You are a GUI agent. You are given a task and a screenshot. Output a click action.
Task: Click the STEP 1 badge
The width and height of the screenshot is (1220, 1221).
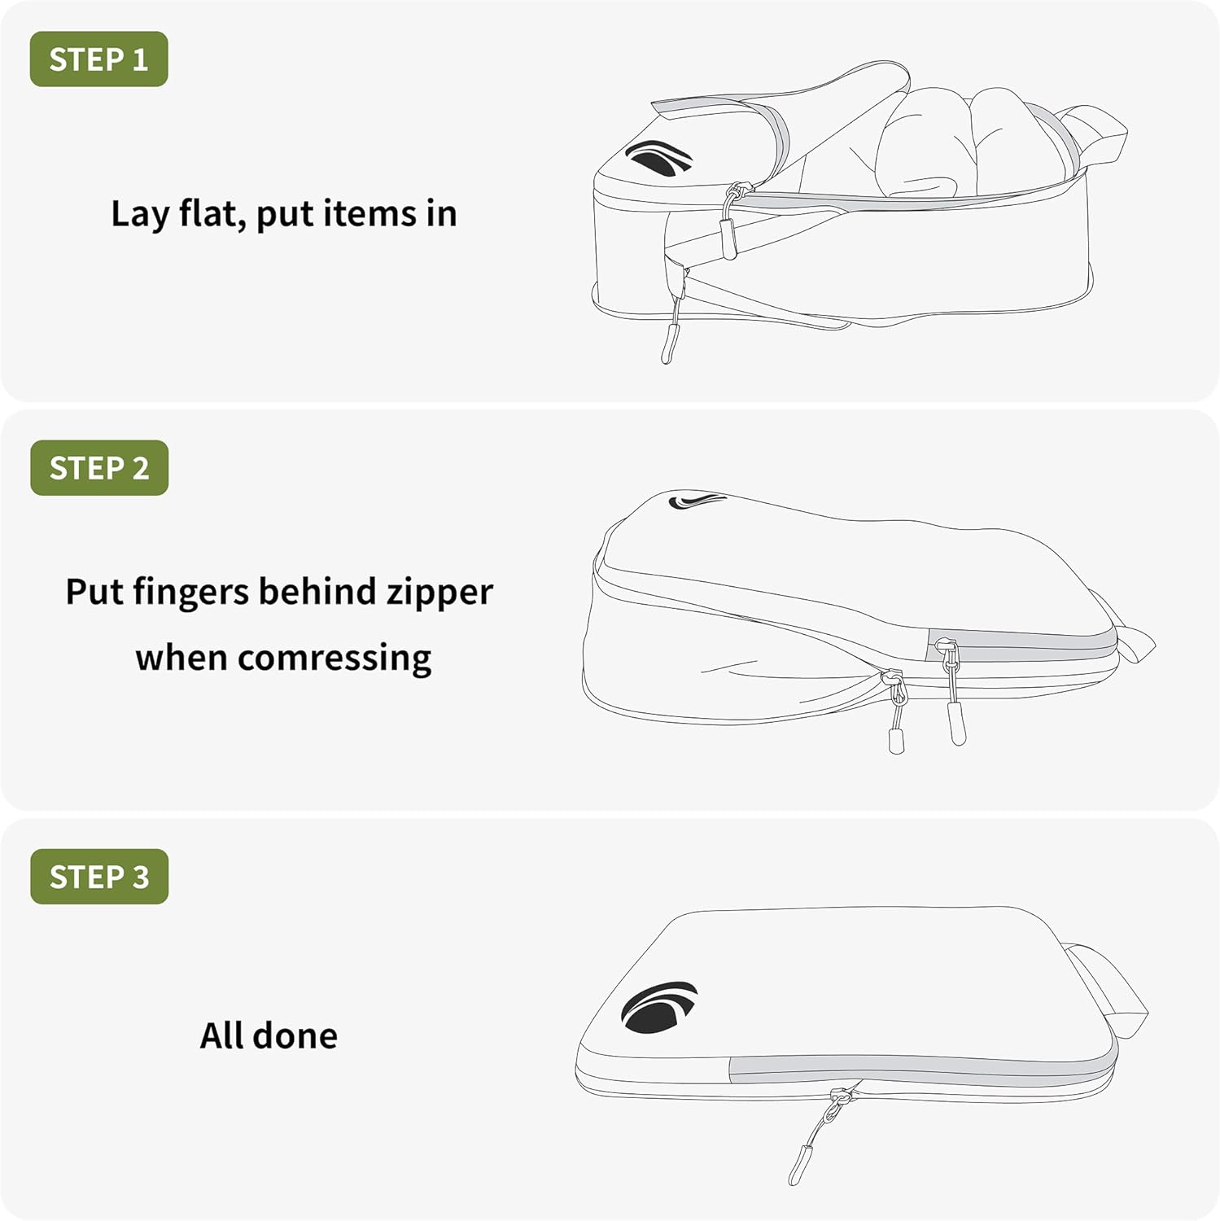[x=98, y=59]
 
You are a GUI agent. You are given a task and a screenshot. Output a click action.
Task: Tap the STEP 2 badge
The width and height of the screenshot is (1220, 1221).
[x=99, y=468]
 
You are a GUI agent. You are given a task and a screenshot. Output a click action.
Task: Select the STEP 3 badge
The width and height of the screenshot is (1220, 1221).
[x=99, y=877]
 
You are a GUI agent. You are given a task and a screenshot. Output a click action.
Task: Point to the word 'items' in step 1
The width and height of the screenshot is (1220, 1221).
[x=369, y=214]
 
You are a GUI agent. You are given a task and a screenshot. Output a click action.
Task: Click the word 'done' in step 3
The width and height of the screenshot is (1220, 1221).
[x=295, y=1035]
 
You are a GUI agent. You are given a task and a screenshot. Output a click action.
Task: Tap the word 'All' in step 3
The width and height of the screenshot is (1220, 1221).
[x=222, y=1035]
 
